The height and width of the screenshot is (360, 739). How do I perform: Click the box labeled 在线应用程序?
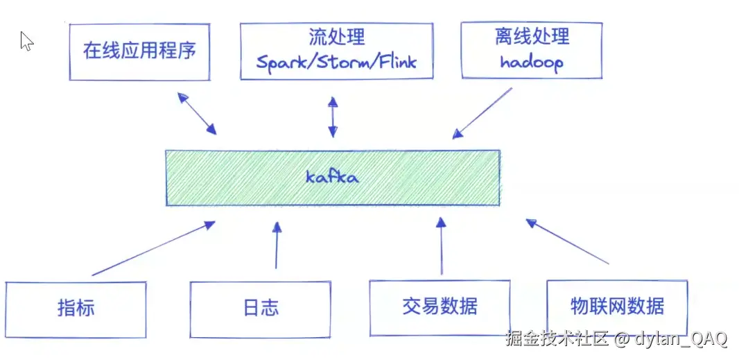pyautogui.click(x=139, y=51)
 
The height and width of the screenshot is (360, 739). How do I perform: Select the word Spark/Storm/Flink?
pyautogui.click(x=336, y=62)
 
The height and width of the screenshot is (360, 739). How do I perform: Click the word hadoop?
pyautogui.click(x=532, y=62)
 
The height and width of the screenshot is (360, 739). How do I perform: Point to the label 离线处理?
pyautogui.click(x=532, y=36)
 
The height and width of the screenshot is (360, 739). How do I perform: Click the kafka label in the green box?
pyautogui.click(x=332, y=177)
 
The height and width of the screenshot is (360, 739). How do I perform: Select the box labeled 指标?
pyautogui.click(x=76, y=308)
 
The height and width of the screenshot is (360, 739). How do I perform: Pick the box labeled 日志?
pyautogui.click(x=261, y=308)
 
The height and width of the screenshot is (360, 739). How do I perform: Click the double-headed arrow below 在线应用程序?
pyautogui.click(x=197, y=113)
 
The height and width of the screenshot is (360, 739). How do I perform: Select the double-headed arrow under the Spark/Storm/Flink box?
pyautogui.click(x=333, y=117)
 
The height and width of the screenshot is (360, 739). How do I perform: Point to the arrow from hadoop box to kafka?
pyautogui.click(x=482, y=113)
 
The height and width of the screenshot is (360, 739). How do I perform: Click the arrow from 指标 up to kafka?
pyautogui.click(x=153, y=248)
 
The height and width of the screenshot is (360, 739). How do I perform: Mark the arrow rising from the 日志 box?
pyautogui.click(x=277, y=246)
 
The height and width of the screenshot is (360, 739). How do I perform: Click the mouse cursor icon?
pyautogui.click(x=26, y=41)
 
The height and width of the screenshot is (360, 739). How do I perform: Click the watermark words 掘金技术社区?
pyautogui.click(x=557, y=339)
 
